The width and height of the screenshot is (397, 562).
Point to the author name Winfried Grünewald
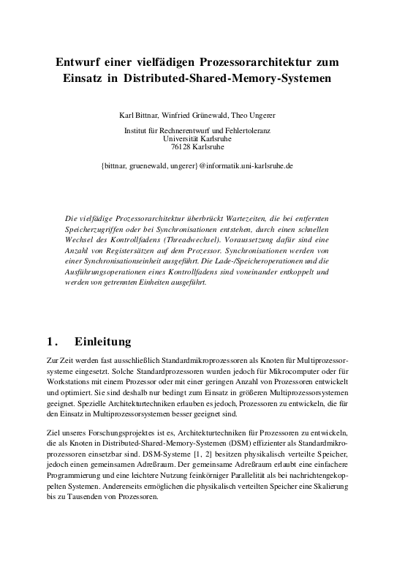[x=197, y=116]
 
